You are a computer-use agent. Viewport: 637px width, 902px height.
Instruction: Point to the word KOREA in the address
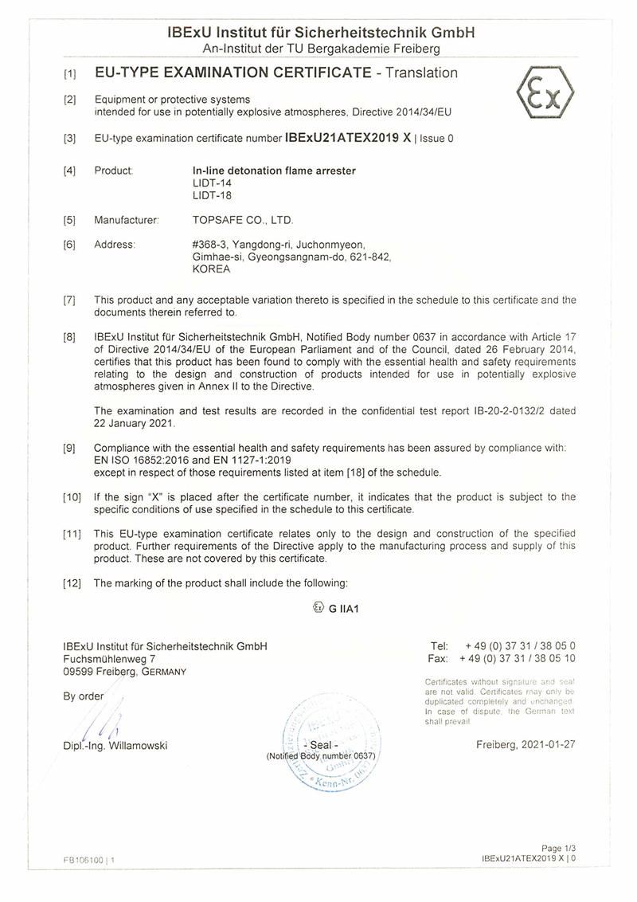tap(211, 269)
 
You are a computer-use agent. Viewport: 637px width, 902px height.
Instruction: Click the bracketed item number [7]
tap(70, 300)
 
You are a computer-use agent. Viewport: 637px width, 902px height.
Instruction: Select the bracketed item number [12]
tap(72, 583)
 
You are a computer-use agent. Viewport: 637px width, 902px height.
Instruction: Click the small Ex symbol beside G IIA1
tap(318, 607)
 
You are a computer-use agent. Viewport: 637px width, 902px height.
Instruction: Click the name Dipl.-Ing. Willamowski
tap(115, 746)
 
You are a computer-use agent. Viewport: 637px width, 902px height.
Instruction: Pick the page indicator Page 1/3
tap(557, 849)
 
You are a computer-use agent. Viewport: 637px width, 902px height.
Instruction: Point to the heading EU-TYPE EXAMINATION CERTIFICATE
tap(233, 73)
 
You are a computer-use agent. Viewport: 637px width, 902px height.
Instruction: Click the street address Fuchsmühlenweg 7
tap(109, 659)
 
